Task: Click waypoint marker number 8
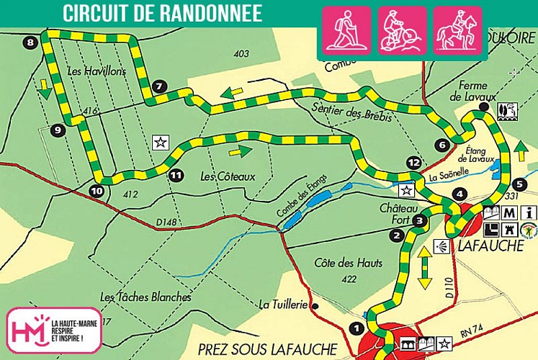(x=30, y=43)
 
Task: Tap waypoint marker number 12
(x=413, y=163)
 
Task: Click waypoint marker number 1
(x=354, y=328)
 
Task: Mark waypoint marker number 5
(x=521, y=184)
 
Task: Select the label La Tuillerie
(x=284, y=305)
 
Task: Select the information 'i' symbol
(x=530, y=212)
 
